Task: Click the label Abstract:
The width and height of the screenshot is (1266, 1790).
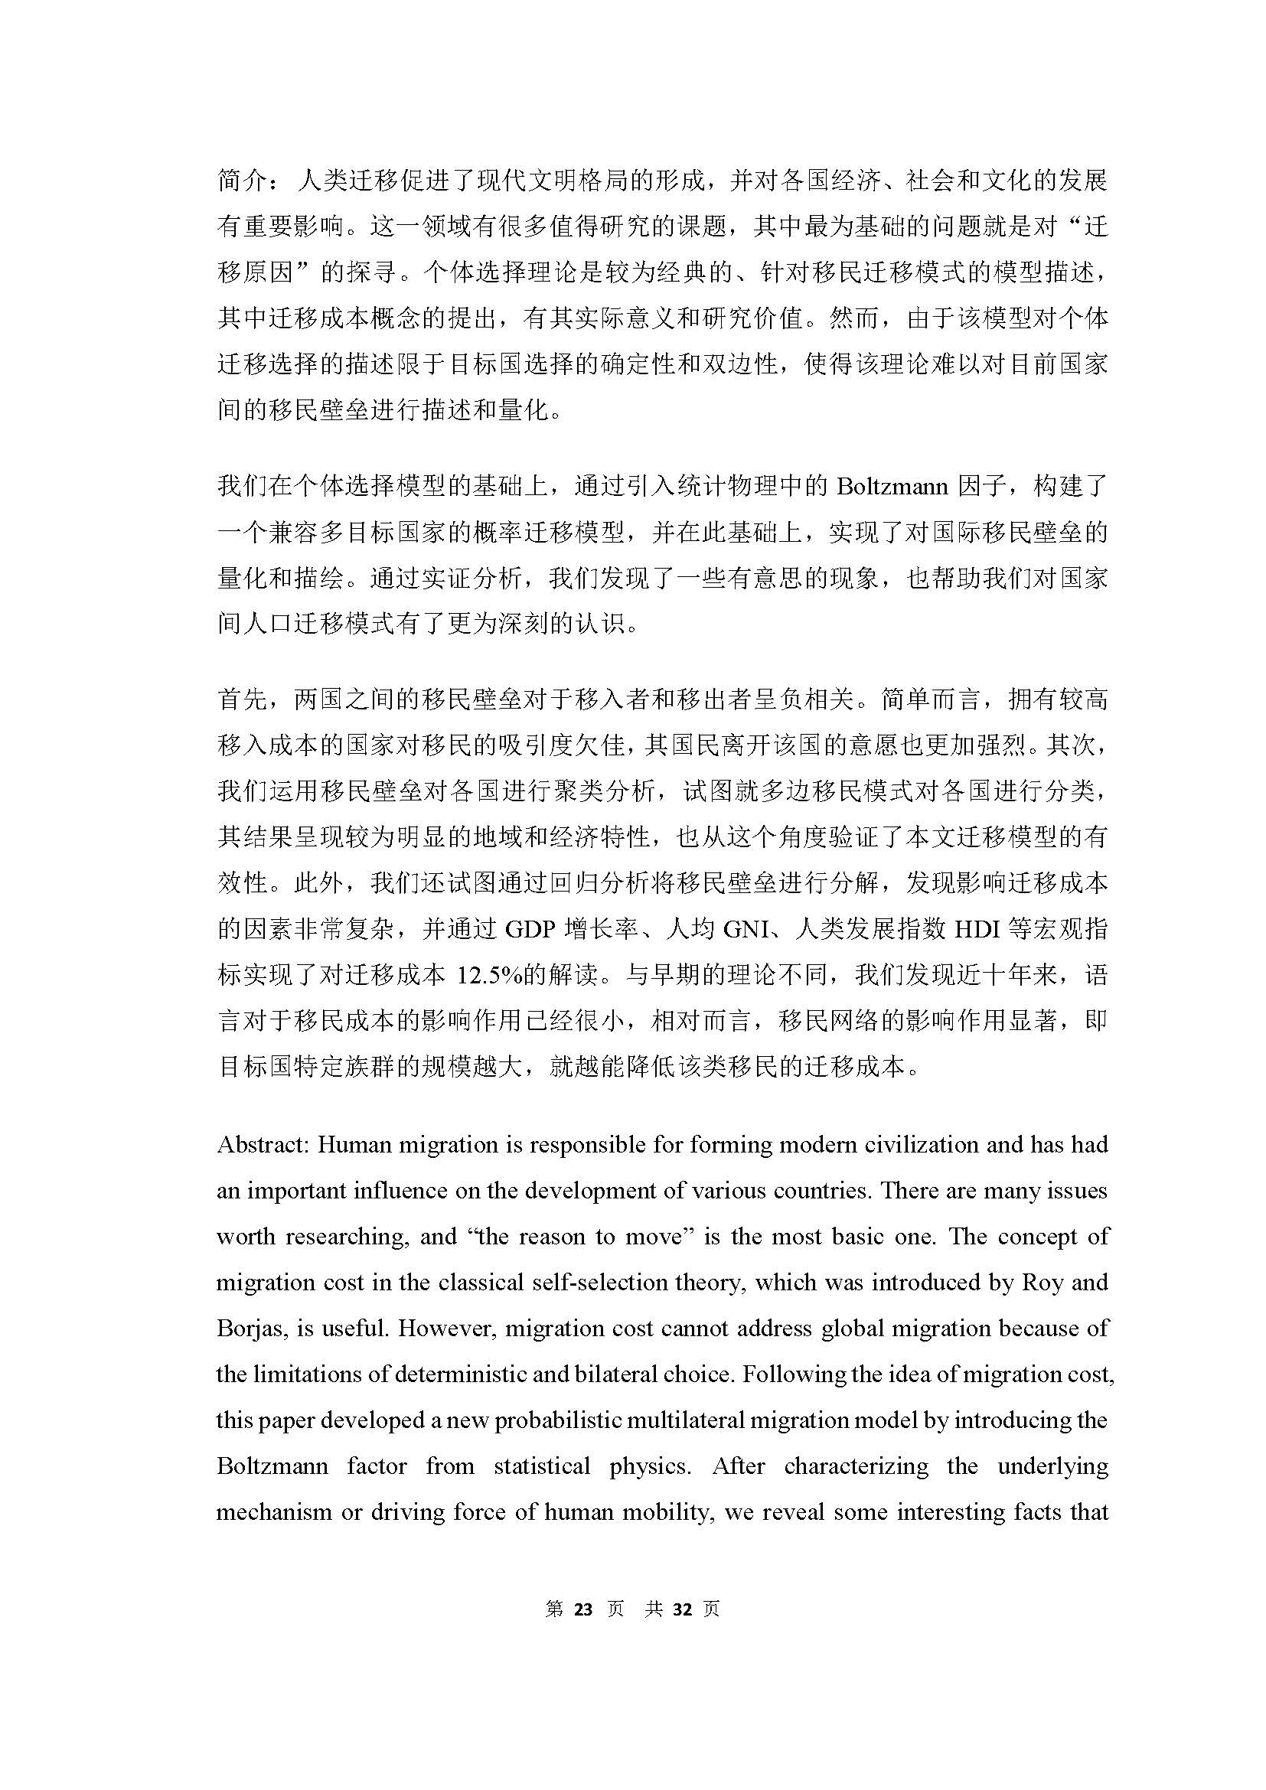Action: (263, 1146)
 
